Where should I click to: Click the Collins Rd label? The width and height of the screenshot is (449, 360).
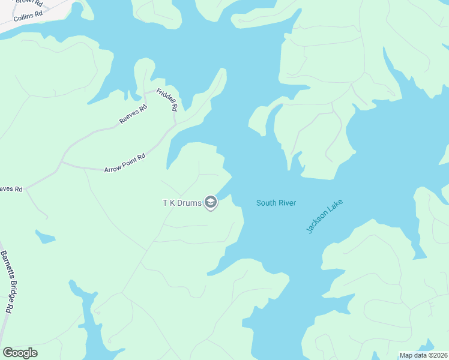[x=28, y=16]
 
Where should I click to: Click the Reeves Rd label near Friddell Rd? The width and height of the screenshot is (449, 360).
[x=133, y=114]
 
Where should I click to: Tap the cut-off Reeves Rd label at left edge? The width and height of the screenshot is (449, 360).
[x=11, y=189]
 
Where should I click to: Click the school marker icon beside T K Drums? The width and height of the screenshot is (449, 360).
[x=210, y=203]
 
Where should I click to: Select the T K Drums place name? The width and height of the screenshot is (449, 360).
[x=182, y=203]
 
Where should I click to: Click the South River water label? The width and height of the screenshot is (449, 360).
[x=276, y=203]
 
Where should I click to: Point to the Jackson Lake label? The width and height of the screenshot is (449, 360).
[x=319, y=217]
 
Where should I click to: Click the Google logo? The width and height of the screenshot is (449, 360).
[x=20, y=353]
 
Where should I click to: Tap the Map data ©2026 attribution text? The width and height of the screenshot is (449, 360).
[x=423, y=355]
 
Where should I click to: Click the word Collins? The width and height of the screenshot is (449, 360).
[x=23, y=17]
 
